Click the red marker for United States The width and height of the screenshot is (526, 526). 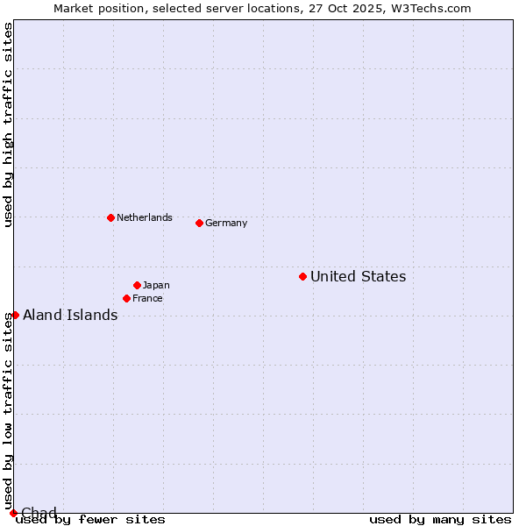coord(302,276)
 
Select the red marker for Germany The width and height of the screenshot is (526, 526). coord(199,223)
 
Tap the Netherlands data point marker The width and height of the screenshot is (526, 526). coord(110,217)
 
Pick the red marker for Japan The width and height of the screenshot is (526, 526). coord(137,285)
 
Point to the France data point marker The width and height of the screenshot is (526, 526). coord(126,298)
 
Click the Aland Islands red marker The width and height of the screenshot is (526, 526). coord(15,315)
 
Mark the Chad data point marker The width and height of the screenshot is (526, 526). coord(13,513)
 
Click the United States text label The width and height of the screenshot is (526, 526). coord(358,277)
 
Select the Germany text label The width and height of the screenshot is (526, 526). coord(226,224)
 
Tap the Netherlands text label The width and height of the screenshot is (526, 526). coord(145,218)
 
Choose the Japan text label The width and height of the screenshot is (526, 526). coord(156,286)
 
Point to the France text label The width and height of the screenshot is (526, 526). coord(147,299)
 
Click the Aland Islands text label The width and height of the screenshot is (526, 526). coord(70,316)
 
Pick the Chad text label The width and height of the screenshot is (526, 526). coord(39,513)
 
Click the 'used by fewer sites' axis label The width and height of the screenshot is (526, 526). coord(91,520)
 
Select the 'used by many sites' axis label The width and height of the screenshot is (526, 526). coord(440,520)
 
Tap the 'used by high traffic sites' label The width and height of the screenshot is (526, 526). coord(8,124)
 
